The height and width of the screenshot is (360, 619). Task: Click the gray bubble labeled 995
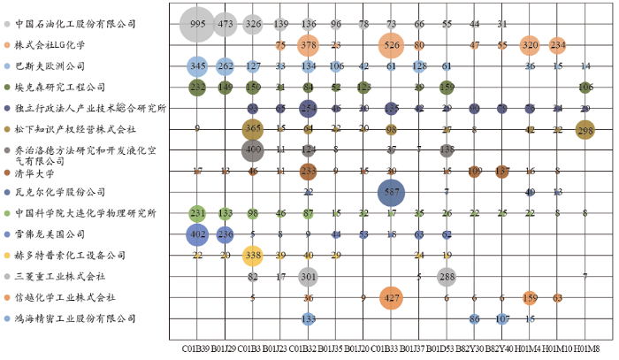pyautogui.click(x=197, y=24)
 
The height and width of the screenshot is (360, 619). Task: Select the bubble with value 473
pyautogui.click(x=225, y=24)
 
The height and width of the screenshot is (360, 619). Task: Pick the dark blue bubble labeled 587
pyautogui.click(x=391, y=192)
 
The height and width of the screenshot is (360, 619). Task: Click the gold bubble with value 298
pyautogui.click(x=585, y=130)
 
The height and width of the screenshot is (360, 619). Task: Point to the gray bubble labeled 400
pyautogui.click(x=253, y=150)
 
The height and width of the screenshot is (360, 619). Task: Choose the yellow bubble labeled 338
pyautogui.click(x=253, y=256)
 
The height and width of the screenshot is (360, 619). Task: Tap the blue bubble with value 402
pyautogui.click(x=197, y=234)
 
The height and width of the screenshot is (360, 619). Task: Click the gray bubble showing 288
pyautogui.click(x=447, y=277)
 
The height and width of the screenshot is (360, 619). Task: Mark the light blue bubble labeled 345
pyautogui.click(x=197, y=65)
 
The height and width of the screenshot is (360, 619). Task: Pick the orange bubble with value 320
pyautogui.click(x=530, y=44)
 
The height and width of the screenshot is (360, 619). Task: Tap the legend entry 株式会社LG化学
pyautogui.click(x=54, y=43)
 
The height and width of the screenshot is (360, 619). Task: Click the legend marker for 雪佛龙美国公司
pyautogui.click(x=7, y=234)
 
